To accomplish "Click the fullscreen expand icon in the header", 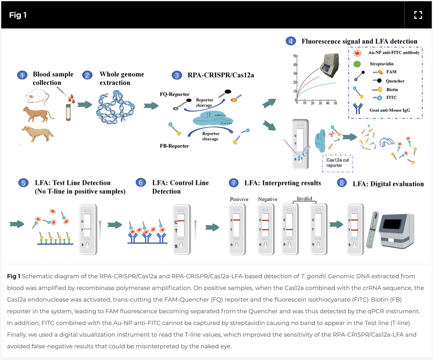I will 418,15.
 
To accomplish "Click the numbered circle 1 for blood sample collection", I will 22,75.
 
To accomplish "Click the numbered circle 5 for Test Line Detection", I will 22,183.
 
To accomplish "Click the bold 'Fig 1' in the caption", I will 13,276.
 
